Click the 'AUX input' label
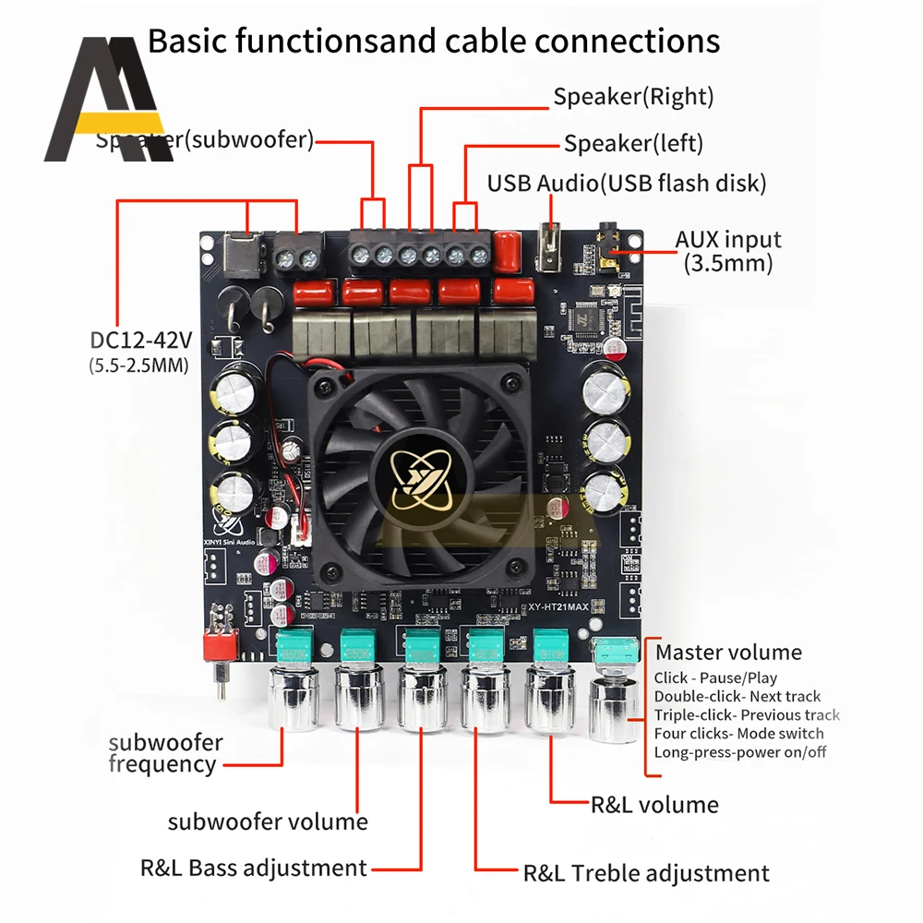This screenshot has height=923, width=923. pos(728,240)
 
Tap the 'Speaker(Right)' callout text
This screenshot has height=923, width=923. pos(633,97)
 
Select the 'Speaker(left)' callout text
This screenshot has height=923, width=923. pos(633,143)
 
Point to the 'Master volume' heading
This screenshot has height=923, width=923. pos(728,653)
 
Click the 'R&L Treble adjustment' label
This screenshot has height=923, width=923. pos(646,873)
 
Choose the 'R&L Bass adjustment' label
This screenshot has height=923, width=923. pos(253,868)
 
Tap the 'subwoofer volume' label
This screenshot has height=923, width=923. pos(268,821)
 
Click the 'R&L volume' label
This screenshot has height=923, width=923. pos(654,805)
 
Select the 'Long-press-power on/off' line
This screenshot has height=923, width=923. pos(740,752)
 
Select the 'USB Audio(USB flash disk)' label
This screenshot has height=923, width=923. pos(627,184)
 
